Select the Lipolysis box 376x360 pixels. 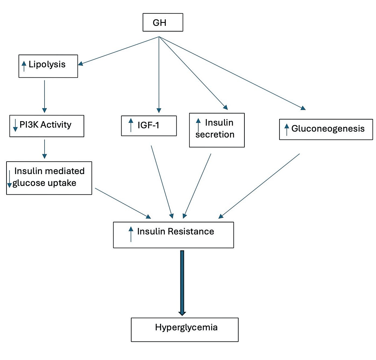[x=48, y=66]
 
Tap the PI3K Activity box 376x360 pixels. [x=46, y=126]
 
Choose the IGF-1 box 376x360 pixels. [x=149, y=125]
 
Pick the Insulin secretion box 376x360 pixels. [x=217, y=130]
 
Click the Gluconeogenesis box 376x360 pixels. [x=326, y=129]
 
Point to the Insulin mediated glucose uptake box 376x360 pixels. [x=49, y=177]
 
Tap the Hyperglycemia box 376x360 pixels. [x=185, y=330]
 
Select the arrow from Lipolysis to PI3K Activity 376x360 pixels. [x=45, y=96]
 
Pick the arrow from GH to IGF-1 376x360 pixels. [x=159, y=72]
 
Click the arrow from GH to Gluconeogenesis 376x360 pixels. [x=233, y=73]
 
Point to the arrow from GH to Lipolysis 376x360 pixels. [x=118, y=51]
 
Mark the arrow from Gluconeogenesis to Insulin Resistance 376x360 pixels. [x=259, y=186]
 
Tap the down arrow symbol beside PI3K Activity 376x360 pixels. [x=15, y=125]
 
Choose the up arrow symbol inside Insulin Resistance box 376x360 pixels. [x=131, y=234]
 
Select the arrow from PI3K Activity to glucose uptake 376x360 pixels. [x=45, y=149]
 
